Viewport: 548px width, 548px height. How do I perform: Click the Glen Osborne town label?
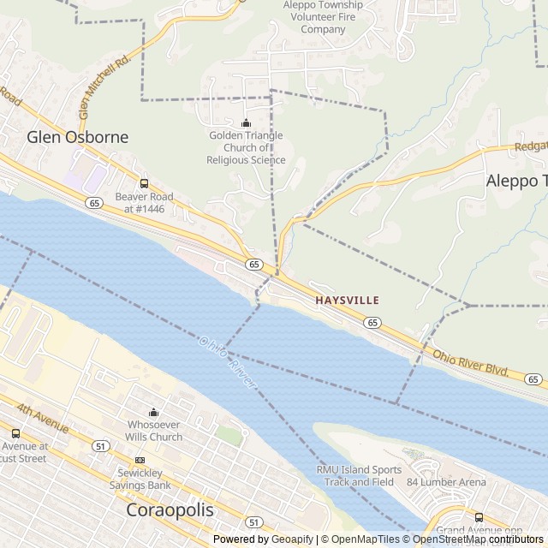point(77,137)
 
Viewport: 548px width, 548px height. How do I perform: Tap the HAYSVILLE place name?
point(347,301)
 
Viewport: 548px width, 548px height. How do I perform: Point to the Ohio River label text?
point(228,361)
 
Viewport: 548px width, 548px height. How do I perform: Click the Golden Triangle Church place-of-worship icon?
point(247,122)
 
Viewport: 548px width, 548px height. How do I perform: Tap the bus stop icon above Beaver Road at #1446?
point(144,183)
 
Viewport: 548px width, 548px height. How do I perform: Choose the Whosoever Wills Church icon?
point(154,412)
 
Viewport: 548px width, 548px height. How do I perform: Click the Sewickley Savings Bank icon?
point(140,460)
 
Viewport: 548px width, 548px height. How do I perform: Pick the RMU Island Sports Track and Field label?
point(359,475)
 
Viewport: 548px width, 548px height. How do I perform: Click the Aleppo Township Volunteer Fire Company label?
point(323,17)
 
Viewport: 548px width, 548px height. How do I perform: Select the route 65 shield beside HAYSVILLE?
point(371,322)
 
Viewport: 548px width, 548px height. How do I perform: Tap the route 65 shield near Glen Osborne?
point(93,202)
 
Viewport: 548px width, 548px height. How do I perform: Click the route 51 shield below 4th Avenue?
point(101,446)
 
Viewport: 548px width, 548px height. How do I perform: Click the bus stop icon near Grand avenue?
point(479,516)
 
